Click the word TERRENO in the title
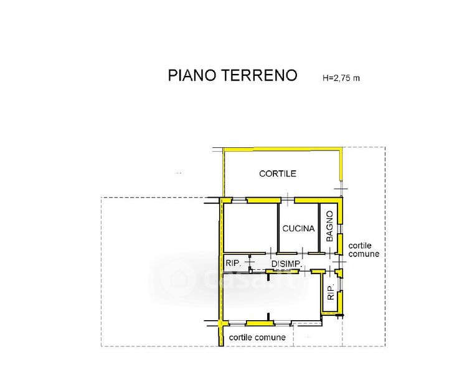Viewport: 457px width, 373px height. click(259, 75)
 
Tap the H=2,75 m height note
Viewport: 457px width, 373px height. click(341, 78)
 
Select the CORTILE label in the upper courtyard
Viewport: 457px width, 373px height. click(278, 173)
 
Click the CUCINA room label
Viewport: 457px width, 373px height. click(298, 228)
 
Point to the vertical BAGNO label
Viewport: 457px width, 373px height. click(329, 226)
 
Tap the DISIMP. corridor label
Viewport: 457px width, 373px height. click(286, 264)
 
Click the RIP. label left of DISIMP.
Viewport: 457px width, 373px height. click(233, 264)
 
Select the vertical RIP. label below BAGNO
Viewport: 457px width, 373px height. click(331, 292)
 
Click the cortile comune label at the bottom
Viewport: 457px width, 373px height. click(257, 338)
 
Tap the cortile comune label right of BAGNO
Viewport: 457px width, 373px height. click(364, 250)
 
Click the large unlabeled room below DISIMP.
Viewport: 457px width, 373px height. click(271, 296)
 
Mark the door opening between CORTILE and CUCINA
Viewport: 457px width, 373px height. click(288, 200)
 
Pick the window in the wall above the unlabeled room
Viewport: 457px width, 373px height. click(239, 200)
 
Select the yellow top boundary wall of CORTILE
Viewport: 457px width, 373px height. click(282, 149)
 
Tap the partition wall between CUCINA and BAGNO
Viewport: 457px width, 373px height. click(319, 228)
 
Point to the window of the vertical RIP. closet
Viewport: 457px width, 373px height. click(340, 284)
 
